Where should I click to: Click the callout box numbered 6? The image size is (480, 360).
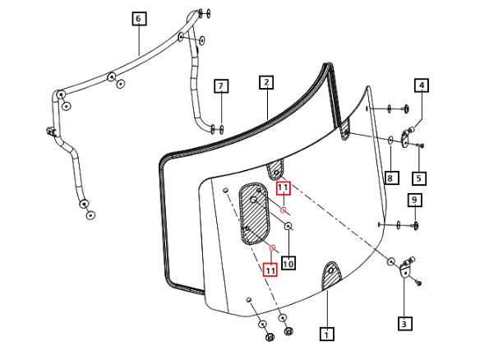click(139, 19)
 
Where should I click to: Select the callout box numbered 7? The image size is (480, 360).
click(221, 86)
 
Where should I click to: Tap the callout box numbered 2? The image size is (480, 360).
click(266, 82)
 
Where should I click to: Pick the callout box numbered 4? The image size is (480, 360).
click(422, 85)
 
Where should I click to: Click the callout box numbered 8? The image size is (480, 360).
click(390, 178)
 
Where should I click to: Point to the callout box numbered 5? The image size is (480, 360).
click(419, 178)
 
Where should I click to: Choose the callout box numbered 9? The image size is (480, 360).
click(415, 201)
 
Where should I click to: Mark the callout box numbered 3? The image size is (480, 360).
click(404, 324)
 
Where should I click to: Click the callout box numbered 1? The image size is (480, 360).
click(326, 334)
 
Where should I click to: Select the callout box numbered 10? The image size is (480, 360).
click(288, 263)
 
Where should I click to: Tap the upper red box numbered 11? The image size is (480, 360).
click(284, 188)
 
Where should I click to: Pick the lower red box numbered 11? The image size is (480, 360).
click(270, 270)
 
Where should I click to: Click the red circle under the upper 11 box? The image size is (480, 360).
click(284, 210)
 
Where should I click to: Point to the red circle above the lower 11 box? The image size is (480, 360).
click(272, 247)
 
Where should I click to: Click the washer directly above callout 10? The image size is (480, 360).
click(288, 226)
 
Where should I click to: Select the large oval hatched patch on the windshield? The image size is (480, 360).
click(254, 214)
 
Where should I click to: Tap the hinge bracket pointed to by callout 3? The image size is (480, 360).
click(407, 268)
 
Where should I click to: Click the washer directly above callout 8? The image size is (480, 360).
click(390, 141)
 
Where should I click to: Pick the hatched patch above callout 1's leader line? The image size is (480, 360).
click(331, 275)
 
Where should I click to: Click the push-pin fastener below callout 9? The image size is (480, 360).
click(416, 226)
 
